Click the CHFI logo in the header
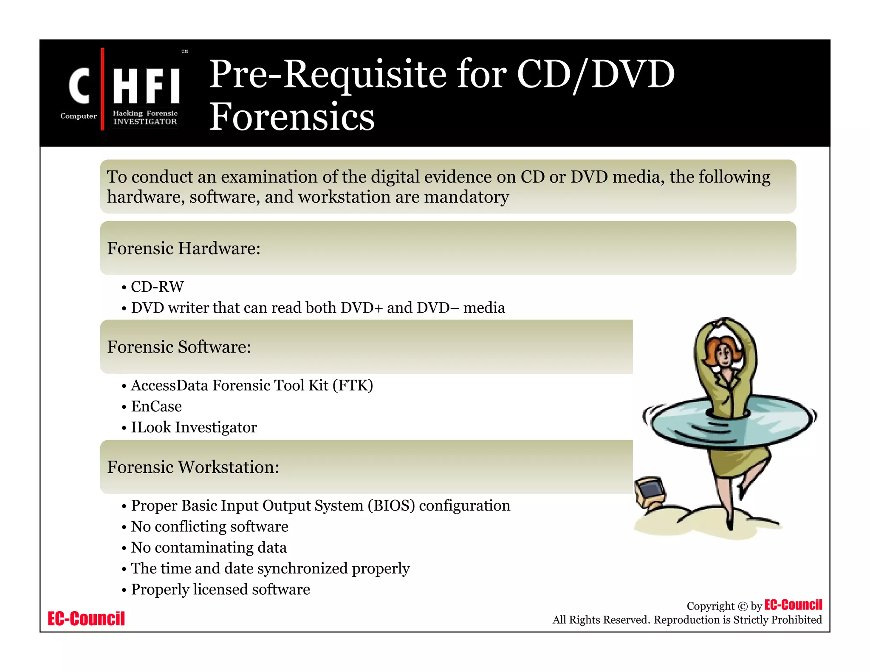(123, 89)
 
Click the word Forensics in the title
(292, 116)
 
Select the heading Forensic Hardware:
(184, 248)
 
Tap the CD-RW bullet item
(157, 287)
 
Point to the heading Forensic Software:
(179, 347)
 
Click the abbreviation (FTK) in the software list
(353, 385)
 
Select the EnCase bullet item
(156, 407)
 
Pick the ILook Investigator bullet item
(194, 427)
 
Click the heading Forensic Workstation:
(193, 467)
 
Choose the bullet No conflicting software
(209, 527)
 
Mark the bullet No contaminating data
(209, 548)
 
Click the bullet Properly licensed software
(220, 590)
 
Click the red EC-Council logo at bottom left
(86, 619)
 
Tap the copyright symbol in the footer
(743, 607)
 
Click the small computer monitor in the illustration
(650, 492)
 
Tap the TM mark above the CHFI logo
(185, 51)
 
